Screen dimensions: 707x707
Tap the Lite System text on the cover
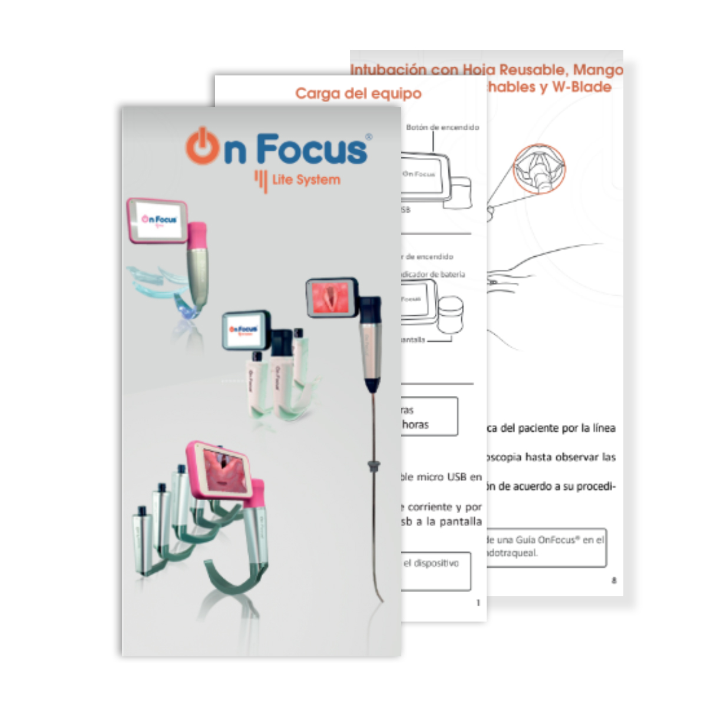[x=306, y=180]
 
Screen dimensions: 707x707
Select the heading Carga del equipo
[x=358, y=94]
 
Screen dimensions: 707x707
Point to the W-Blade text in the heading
[x=581, y=87]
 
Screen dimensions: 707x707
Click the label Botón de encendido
[x=442, y=127]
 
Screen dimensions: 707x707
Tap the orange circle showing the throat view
[x=538, y=169]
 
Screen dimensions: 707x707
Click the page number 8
[x=614, y=580]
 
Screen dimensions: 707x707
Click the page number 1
[x=478, y=603]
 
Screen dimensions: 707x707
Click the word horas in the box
[x=415, y=424]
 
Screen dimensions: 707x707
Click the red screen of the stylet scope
[x=333, y=298]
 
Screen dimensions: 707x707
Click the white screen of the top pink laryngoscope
[x=159, y=220]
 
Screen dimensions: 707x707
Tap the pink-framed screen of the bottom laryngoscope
[x=224, y=468]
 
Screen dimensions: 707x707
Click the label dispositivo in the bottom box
[x=435, y=564]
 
